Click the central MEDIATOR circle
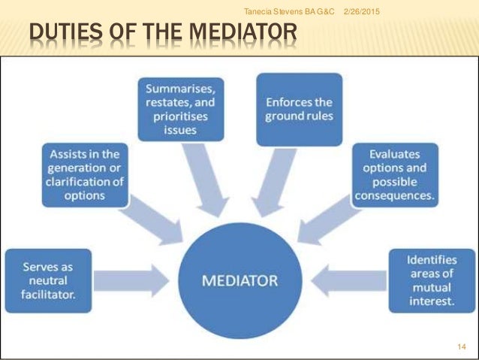click(239, 282)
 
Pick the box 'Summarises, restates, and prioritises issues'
click(178, 110)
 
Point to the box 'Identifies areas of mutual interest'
click(431, 280)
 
